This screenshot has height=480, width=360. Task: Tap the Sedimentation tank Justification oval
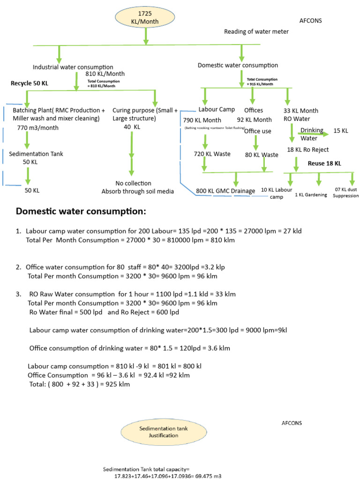[x=157, y=432]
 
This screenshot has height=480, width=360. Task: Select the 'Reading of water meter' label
[x=256, y=31]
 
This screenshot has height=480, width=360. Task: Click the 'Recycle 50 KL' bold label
[x=30, y=83]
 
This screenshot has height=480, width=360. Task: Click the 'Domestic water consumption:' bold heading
[x=81, y=211]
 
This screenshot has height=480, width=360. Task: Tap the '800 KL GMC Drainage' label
[x=225, y=191]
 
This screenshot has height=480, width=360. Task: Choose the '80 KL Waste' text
[x=262, y=155]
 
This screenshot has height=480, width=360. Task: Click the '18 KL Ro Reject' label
[x=308, y=150]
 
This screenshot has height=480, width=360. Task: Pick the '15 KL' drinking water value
[x=341, y=131]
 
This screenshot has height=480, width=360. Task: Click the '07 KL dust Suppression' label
[x=345, y=192]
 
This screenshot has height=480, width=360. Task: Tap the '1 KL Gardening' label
[x=311, y=195]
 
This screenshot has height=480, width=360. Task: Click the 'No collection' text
[x=133, y=183]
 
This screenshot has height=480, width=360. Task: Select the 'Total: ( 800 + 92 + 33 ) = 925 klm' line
[x=79, y=384]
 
